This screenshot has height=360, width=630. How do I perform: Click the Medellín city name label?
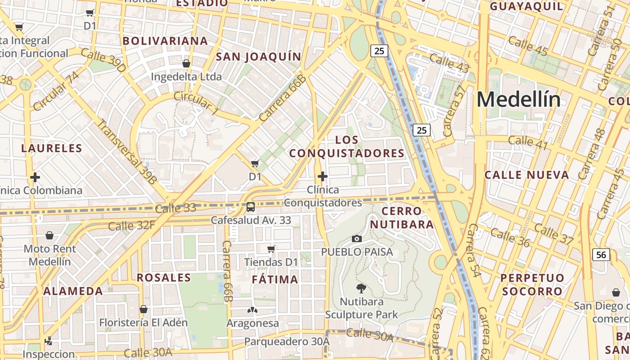coord(518,99)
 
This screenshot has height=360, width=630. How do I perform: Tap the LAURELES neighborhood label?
coord(52,148)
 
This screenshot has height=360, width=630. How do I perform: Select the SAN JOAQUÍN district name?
coord(258,57)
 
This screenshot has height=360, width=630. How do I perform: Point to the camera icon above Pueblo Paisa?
coord(357,238)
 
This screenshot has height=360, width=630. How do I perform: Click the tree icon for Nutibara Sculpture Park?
coord(361,288)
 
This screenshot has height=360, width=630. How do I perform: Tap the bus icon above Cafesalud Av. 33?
coord(251,207)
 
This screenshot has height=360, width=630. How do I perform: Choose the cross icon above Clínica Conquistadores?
coord(322,176)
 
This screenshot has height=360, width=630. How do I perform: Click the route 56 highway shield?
coord(601,255)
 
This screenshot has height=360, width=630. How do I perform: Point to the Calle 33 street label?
coord(175,208)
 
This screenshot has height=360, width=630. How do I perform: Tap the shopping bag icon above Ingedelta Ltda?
coord(186,63)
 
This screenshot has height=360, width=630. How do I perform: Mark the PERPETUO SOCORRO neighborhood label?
coord(532,284)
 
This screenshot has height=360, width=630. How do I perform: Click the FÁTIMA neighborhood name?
coord(275,279)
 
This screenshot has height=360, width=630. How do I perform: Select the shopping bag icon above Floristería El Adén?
coord(144,309)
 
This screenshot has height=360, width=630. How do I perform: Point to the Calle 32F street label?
coord(131,225)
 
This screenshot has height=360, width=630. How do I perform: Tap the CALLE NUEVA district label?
coord(526,175)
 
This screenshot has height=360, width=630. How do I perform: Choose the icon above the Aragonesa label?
coord(252,310)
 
